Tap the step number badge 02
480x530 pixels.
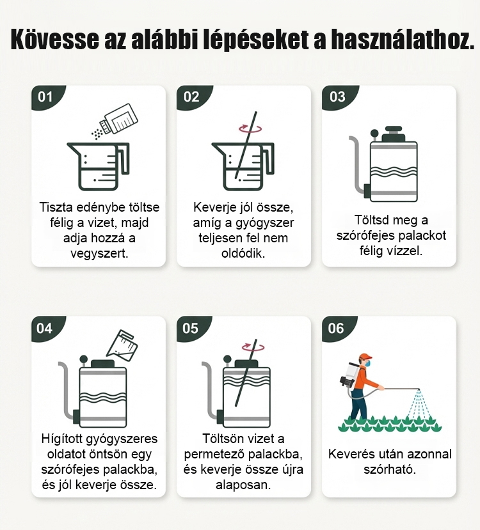pos(192,97)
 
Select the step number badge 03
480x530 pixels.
pos(337,97)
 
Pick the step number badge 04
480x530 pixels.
pos(45,328)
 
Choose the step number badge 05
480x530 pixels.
pos(191,328)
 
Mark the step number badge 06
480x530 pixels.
pos(336,328)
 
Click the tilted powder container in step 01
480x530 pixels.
pos(118,119)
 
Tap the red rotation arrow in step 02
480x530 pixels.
pos(250,129)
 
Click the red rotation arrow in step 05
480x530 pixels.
pos(253,347)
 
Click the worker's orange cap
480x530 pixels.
pos(365,357)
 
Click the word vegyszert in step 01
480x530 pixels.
pos(99,253)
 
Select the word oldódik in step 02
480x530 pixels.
pos(243,253)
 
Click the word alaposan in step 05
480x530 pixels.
pos(243,485)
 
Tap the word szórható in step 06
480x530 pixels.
pos(390,469)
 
